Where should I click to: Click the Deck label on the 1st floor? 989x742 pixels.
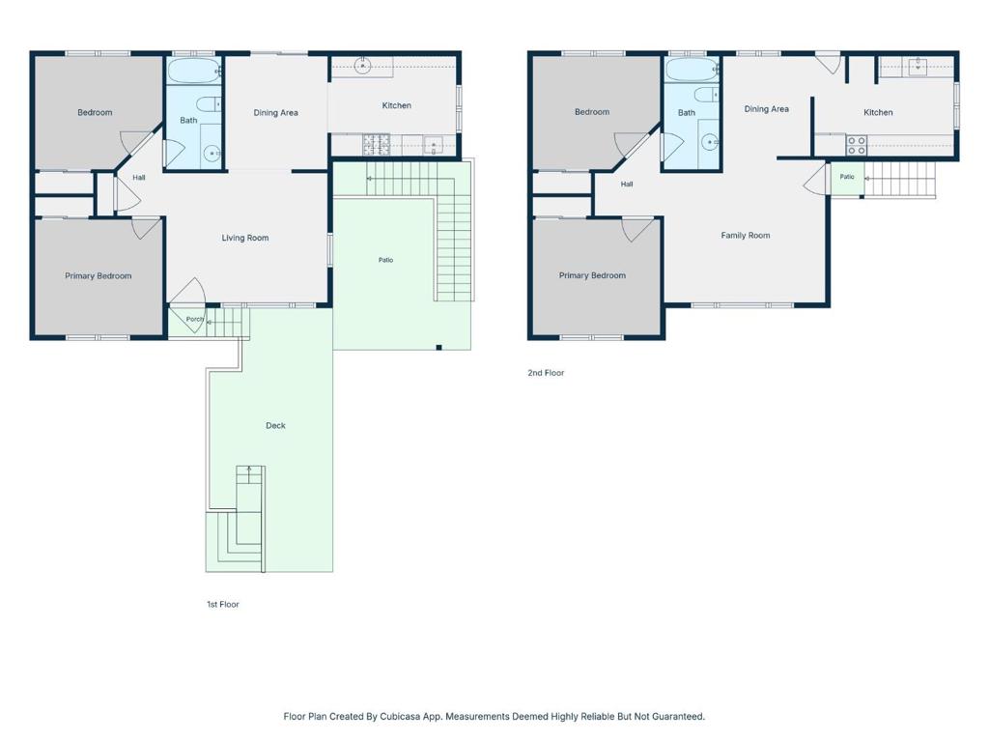[x=275, y=426]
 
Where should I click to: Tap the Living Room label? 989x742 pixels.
[x=245, y=238]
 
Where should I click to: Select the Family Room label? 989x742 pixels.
[x=746, y=236]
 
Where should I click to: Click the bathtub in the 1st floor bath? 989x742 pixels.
[x=193, y=71]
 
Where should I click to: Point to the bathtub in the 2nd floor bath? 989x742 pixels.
[x=692, y=70]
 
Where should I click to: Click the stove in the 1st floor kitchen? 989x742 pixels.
[x=377, y=144]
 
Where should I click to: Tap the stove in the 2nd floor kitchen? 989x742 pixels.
[x=856, y=145]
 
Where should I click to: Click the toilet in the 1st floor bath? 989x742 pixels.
[x=209, y=104]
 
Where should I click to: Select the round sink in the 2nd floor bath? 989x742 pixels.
[x=710, y=143]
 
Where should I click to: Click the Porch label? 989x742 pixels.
[x=195, y=319]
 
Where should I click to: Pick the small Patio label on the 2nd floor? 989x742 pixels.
[x=847, y=177]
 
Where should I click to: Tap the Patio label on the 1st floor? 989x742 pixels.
[x=386, y=260]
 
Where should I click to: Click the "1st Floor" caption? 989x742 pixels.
[x=223, y=605]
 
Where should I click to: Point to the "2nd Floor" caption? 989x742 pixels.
[x=547, y=373]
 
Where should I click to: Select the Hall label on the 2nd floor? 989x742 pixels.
[x=626, y=185]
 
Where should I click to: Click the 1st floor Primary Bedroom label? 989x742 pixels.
[x=99, y=275]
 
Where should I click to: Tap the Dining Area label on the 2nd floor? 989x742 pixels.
[x=766, y=109]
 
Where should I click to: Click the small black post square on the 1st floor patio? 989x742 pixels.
[x=439, y=348]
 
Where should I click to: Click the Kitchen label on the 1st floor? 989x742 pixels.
[x=397, y=105]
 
